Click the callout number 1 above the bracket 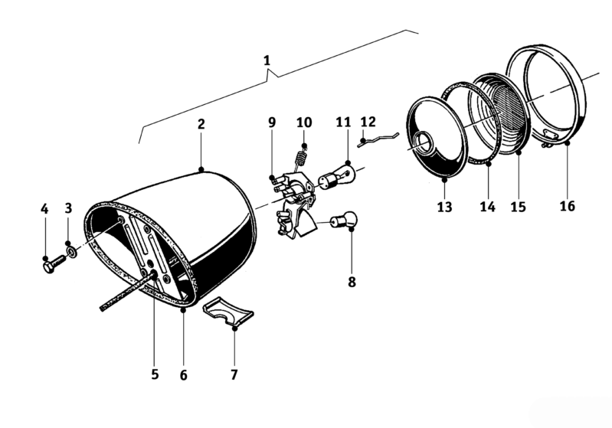[267, 60]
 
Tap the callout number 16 [567, 206]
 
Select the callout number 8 [352, 282]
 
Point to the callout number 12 [368, 122]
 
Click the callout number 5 [155, 374]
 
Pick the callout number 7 [234, 374]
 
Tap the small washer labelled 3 [72, 252]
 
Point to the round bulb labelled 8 [344, 221]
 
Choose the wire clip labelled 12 [378, 139]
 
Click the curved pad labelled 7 [228, 310]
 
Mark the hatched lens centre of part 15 [507, 109]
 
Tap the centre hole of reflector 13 [421, 143]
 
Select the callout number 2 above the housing [201, 124]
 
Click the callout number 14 [487, 207]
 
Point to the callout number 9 [272, 123]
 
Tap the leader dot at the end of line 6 [183, 311]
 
